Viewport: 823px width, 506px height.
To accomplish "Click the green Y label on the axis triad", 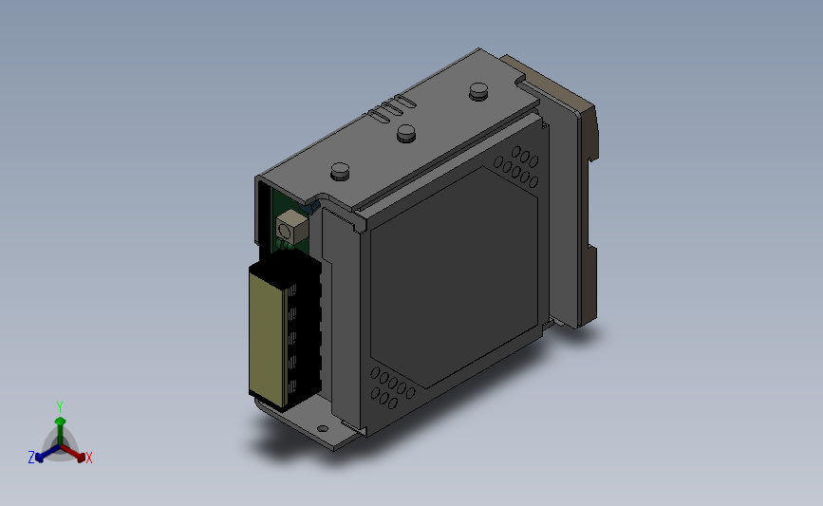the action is [x=60, y=407].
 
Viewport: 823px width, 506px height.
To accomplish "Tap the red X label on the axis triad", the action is [x=88, y=458].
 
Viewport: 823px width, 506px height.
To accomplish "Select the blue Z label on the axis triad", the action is [x=31, y=458].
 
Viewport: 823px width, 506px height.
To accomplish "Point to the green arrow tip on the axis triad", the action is [x=61, y=421].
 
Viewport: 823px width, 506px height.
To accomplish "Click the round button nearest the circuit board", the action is [x=341, y=171].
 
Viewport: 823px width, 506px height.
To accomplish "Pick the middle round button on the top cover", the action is [x=405, y=133].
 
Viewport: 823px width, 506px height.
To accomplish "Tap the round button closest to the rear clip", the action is [x=478, y=91].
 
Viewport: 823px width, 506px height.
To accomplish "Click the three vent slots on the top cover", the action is [x=391, y=108].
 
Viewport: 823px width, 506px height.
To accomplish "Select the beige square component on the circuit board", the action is [x=291, y=227].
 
